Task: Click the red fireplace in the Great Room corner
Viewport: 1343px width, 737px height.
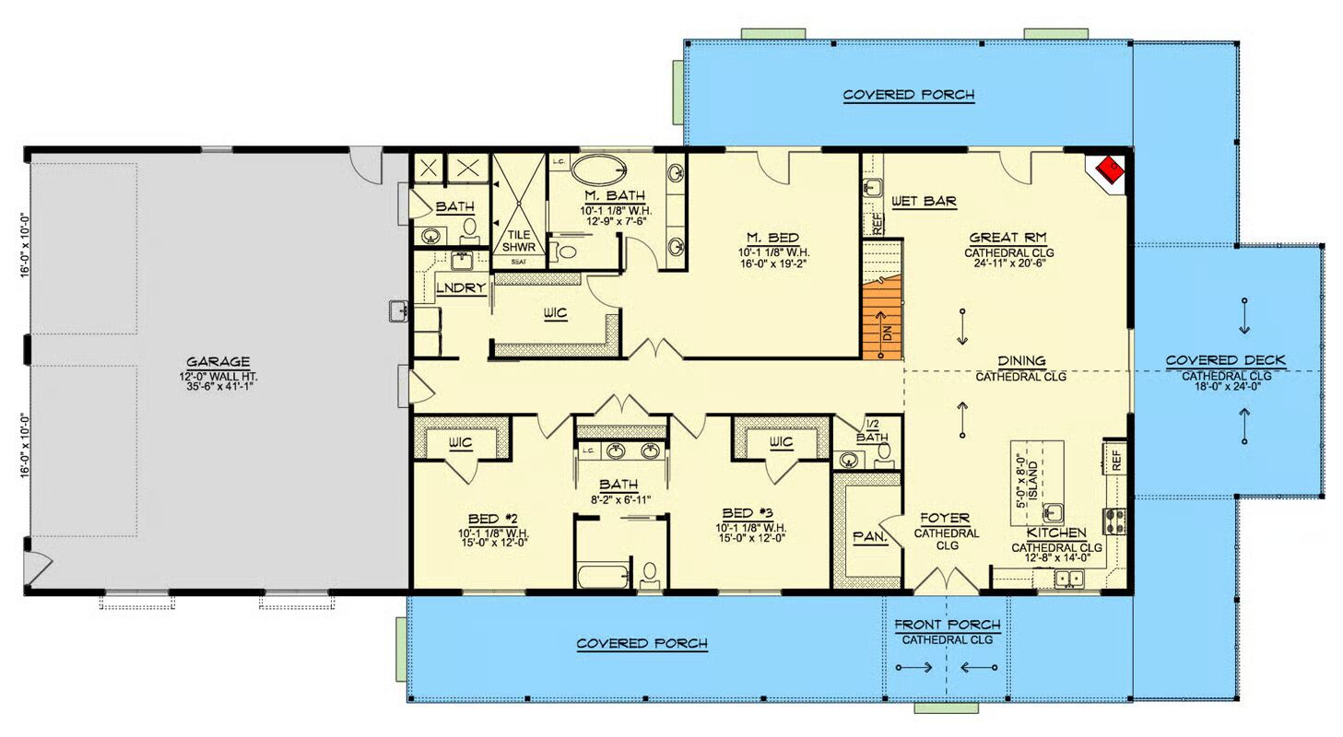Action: coord(1109,170)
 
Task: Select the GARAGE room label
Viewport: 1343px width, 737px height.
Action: coord(218,362)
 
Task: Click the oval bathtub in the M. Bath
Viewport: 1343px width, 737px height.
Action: coord(598,170)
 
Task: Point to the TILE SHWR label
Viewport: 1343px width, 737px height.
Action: coord(519,240)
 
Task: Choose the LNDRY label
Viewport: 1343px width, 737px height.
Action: coord(461,288)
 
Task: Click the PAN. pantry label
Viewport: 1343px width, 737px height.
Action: coord(870,537)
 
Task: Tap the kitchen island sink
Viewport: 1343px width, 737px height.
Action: coord(1053,513)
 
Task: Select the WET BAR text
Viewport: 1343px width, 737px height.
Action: coord(924,202)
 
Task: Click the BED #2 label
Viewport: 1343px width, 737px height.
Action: coord(492,519)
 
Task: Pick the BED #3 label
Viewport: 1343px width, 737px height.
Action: coord(747,513)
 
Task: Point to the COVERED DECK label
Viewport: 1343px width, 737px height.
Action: coord(1226,361)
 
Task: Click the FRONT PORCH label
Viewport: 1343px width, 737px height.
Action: coord(948,625)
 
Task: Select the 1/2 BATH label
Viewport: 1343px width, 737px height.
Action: coord(872,431)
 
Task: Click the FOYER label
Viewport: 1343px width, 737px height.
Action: coord(945,519)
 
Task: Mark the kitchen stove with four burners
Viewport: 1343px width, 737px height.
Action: coord(1114,521)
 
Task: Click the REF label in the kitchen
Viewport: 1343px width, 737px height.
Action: coord(1115,461)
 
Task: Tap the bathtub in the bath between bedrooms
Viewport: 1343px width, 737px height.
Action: coord(603,576)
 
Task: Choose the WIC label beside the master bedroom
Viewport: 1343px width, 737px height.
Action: coord(555,313)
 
